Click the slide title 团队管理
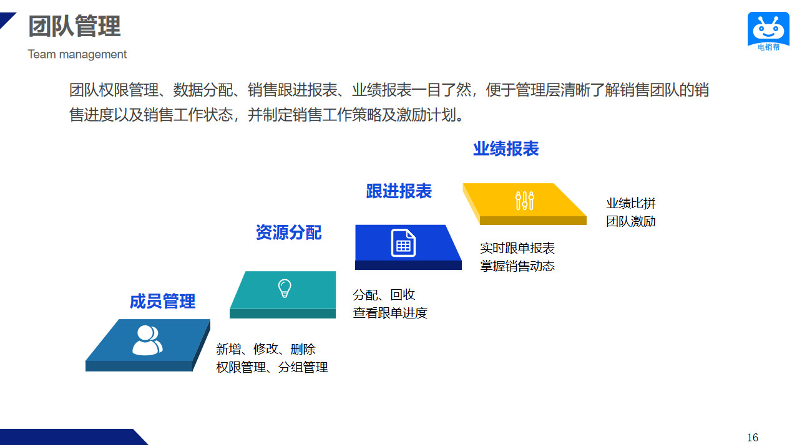(75, 26)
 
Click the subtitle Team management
(77, 54)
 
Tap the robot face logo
(768, 28)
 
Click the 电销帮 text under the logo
(769, 47)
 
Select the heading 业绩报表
(506, 149)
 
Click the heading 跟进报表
(399, 191)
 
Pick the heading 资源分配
(288, 232)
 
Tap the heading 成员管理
(163, 302)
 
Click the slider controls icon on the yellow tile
(525, 201)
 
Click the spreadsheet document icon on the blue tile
(403, 243)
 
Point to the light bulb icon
(285, 288)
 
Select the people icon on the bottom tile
(147, 340)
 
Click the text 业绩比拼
(631, 203)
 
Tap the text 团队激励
(631, 222)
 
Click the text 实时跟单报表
(517, 248)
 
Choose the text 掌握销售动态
(517, 266)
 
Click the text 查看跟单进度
(390, 313)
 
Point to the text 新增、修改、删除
(266, 349)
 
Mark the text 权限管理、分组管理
(272, 368)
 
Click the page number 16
(753, 438)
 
